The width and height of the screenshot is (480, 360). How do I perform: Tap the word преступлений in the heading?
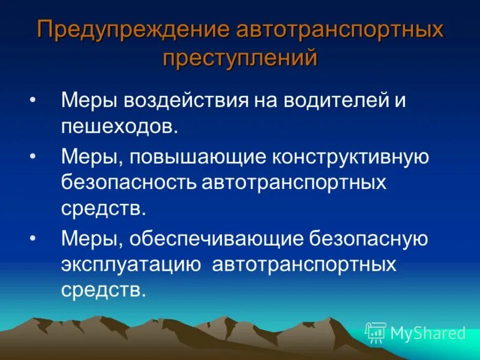point(240,58)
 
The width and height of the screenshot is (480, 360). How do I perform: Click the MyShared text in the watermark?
point(428,333)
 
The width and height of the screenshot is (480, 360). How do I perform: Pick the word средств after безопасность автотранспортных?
point(103,209)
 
